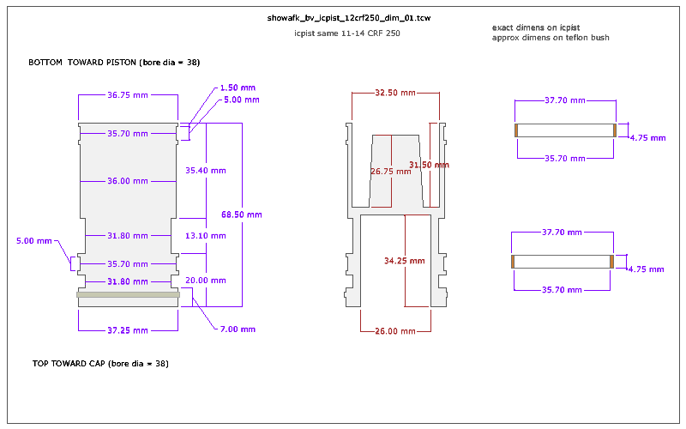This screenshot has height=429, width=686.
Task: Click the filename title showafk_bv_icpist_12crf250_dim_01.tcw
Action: click(349, 18)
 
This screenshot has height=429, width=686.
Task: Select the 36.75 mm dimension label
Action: click(128, 95)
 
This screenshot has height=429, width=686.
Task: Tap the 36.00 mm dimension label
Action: click(128, 181)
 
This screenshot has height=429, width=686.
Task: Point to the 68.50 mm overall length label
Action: click(242, 214)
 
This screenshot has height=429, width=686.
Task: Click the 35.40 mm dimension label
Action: click(206, 170)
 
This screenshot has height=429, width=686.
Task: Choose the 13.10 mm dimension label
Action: click(206, 235)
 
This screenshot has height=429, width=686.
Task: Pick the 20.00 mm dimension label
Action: click(206, 281)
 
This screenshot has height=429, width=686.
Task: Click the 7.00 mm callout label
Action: click(238, 329)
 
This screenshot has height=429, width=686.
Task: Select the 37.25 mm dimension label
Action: click(128, 330)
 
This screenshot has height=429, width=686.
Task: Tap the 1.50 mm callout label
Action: click(238, 88)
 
